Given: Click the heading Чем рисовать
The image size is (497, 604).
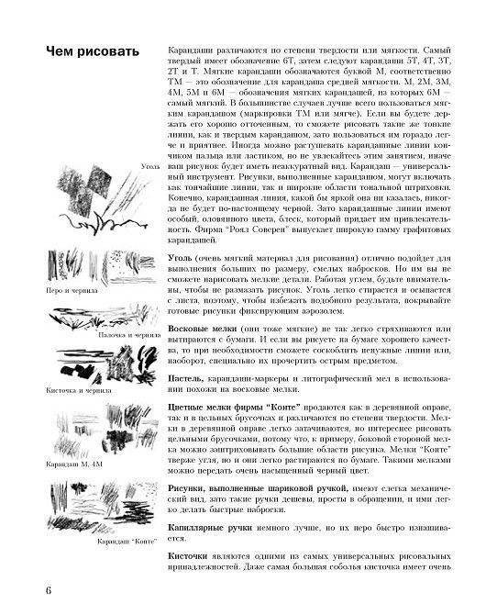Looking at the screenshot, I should tap(92, 50).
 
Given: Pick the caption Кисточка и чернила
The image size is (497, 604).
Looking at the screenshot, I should tap(79, 390).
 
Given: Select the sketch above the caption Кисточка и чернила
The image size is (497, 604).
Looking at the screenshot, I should tap(96, 363).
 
